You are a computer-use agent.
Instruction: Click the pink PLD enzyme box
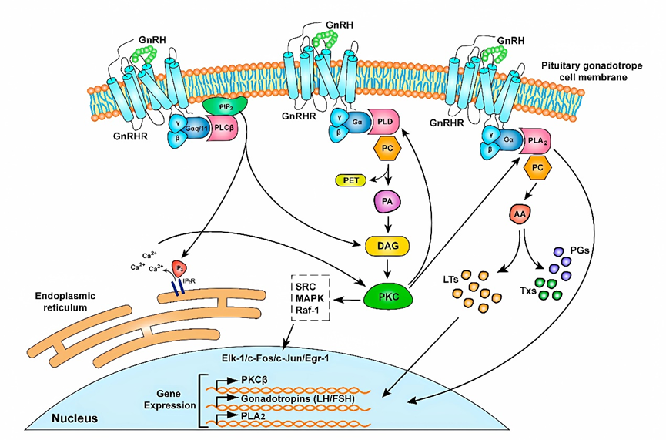click(387, 121)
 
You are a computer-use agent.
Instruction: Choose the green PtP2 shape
click(225, 105)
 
